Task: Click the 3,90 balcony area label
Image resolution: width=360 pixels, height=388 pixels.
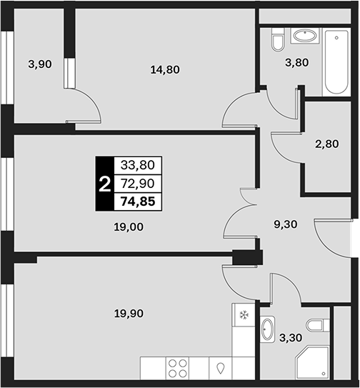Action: coord(40,64)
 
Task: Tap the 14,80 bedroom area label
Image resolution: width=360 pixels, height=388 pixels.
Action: coord(165,70)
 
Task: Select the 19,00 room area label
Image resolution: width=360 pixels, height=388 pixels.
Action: coord(129,227)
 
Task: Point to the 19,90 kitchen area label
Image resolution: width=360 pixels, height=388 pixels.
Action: coord(129,314)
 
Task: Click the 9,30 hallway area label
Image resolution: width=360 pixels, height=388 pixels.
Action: coord(286,224)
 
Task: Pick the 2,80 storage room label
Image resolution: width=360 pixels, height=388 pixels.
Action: coord(327,144)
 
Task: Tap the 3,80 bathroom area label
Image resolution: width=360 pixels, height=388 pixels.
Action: coord(297,63)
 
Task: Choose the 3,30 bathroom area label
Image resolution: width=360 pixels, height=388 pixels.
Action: coord(291,337)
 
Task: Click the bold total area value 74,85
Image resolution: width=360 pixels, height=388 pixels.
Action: coord(138,202)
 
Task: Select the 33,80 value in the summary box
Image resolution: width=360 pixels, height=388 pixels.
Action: coord(138,165)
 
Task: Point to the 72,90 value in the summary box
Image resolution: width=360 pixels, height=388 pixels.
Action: coord(138,184)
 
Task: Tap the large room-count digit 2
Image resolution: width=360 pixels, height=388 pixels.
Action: coord(105,184)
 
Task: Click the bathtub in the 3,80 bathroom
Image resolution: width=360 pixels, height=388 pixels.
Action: coord(336,62)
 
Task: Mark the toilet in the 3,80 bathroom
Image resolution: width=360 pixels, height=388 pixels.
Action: coord(278,39)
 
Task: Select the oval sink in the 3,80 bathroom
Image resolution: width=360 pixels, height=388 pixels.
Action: coord(305,36)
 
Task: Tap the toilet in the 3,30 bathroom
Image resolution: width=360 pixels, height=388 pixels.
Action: coord(318,325)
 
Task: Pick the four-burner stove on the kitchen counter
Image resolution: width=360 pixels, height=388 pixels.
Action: coord(177,368)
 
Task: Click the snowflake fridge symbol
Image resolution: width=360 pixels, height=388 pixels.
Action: coord(244,315)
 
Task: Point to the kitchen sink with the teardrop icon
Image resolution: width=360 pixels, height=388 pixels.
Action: coord(220,368)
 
